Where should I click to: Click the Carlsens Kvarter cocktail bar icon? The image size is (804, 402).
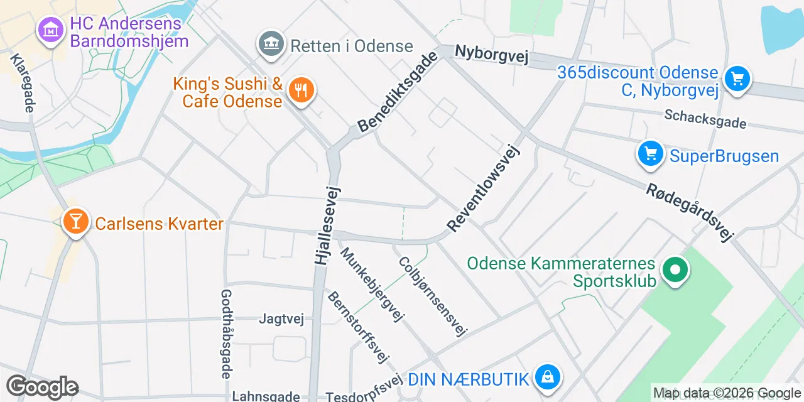(x=75, y=221)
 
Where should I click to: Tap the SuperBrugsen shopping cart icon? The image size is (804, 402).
(x=650, y=154)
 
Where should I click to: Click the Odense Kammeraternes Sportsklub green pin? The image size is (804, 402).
(x=675, y=271)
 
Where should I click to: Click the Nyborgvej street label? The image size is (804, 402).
(x=492, y=55)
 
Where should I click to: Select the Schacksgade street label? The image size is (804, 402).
(x=705, y=118)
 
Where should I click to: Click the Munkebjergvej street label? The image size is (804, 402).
(x=372, y=284)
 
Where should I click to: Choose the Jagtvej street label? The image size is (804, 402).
(x=281, y=319)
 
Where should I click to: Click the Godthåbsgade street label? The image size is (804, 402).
(x=226, y=334)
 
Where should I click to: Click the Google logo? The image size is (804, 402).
(x=42, y=388)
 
